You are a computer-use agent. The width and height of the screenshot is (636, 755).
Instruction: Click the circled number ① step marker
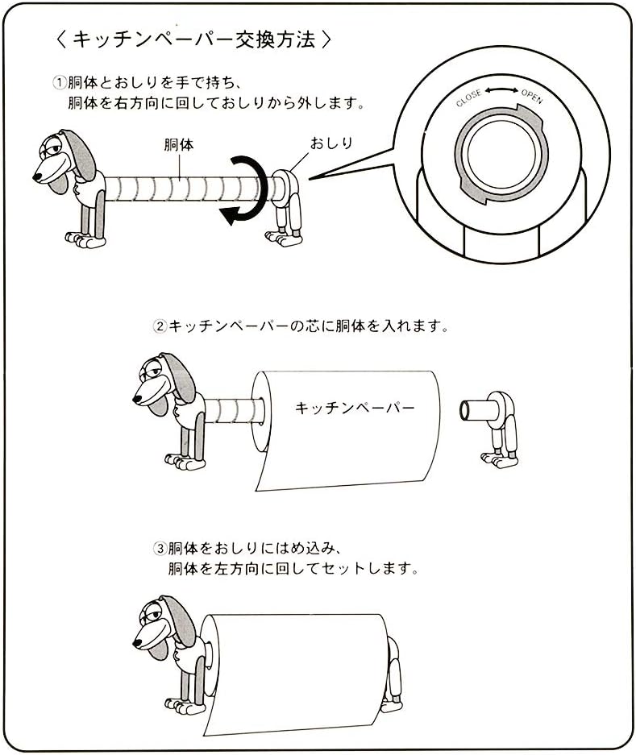[x=59, y=82]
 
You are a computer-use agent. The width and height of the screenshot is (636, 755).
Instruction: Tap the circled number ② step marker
[x=160, y=327]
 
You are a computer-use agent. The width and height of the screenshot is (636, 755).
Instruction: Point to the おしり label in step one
[x=331, y=143]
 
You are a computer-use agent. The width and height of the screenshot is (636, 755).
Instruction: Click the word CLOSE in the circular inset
[x=468, y=98]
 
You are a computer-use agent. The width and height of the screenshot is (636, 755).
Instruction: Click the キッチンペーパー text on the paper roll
[x=355, y=408]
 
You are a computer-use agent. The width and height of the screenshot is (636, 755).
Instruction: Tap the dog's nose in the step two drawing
[x=138, y=398]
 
